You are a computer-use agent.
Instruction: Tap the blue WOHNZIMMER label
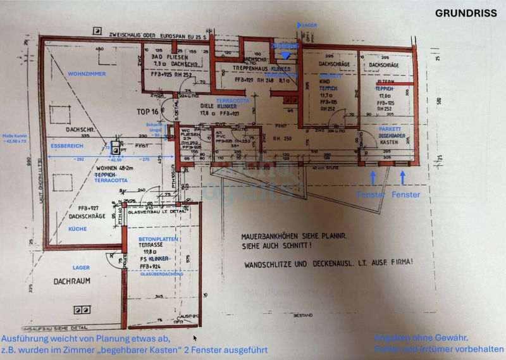(87, 74)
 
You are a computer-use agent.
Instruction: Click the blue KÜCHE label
(77, 229)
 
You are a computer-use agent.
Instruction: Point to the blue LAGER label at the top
(309, 25)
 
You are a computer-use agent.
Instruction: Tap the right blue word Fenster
(405, 195)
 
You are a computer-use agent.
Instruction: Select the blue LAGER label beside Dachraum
(81, 268)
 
